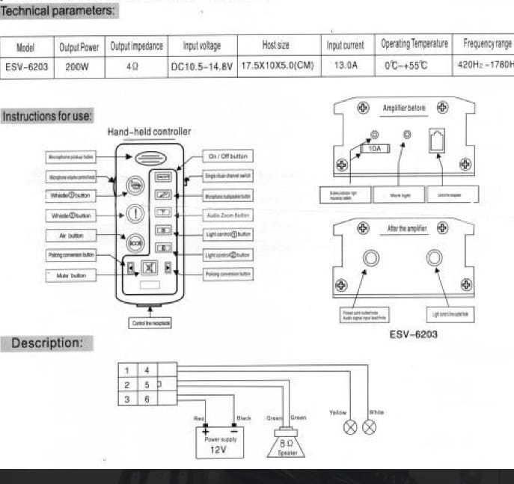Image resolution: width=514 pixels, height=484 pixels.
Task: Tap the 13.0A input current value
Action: (346, 66)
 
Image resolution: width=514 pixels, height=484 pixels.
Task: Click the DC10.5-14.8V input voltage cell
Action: (201, 66)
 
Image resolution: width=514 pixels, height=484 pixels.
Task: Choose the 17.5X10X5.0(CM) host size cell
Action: (276, 66)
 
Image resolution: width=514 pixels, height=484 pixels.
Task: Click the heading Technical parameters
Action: (58, 10)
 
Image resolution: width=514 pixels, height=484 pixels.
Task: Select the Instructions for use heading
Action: (47, 116)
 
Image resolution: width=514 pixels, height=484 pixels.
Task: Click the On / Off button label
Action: (229, 156)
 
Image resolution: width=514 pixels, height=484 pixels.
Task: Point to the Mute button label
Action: (68, 275)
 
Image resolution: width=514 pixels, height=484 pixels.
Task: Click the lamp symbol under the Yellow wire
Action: (348, 428)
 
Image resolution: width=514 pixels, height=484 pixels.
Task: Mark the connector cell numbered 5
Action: (147, 385)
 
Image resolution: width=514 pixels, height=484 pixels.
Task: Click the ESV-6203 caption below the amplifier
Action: (414, 334)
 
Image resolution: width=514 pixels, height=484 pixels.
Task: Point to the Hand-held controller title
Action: (149, 132)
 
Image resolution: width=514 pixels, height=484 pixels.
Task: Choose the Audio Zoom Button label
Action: (228, 215)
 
